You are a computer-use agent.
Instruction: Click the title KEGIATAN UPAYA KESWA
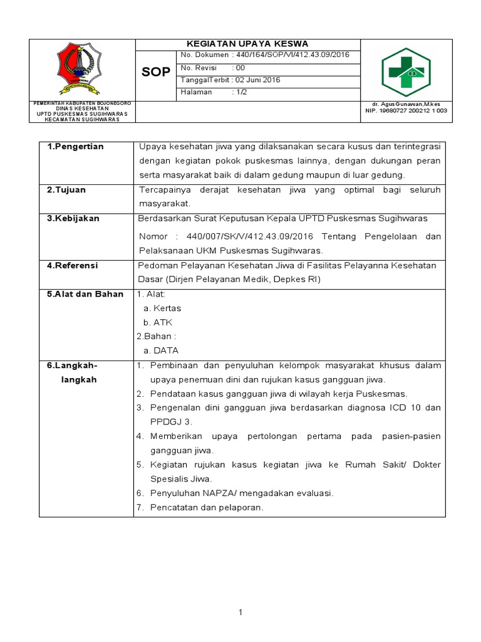(x=245, y=44)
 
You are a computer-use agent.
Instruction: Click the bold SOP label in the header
(x=155, y=72)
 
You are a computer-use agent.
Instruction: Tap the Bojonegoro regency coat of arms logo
(x=82, y=68)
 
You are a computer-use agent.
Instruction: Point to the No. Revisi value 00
(x=240, y=68)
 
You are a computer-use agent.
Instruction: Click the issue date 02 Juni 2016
(x=256, y=80)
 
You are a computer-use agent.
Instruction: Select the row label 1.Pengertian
(x=76, y=147)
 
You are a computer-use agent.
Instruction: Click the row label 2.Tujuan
(x=67, y=189)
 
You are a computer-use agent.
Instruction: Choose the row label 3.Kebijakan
(x=73, y=219)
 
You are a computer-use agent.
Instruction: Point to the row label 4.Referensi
(x=73, y=266)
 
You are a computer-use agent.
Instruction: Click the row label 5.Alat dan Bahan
(x=85, y=294)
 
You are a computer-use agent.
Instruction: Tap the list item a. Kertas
(x=162, y=308)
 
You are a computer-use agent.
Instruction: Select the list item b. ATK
(x=158, y=322)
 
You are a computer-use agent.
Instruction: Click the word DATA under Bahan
(x=167, y=351)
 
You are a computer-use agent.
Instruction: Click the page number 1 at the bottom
(x=240, y=613)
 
